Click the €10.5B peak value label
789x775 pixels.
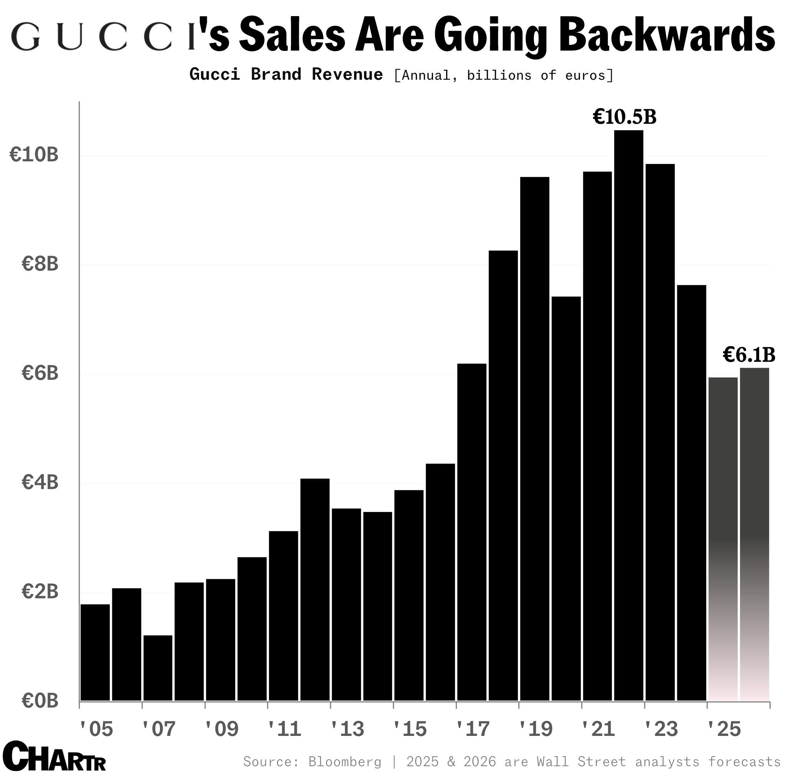click(624, 117)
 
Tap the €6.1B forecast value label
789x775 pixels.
click(749, 355)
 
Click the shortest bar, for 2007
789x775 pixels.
click(158, 668)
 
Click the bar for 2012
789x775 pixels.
click(315, 590)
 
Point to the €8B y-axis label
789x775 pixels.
click(40, 264)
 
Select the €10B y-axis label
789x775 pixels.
click(34, 155)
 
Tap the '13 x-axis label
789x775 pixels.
click(347, 729)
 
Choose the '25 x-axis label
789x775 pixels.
click(724, 729)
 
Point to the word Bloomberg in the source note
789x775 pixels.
click(344, 762)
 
